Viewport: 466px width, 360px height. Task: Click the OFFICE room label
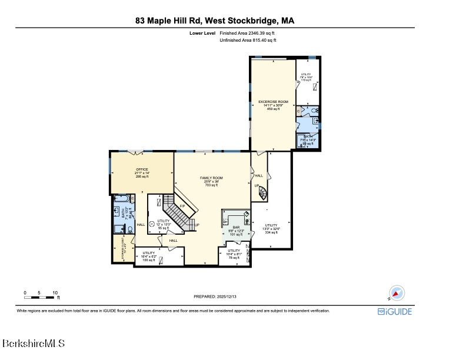point(142,172)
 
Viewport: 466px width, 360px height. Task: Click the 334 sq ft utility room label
point(271,228)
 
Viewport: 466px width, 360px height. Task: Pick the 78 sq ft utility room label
point(234,254)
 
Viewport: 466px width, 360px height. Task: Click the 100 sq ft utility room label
point(149,256)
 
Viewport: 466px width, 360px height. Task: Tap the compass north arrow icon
point(395,293)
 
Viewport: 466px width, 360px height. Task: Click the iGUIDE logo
point(395,311)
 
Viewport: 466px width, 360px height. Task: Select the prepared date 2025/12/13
point(215,296)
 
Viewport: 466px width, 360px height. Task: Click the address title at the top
point(214,21)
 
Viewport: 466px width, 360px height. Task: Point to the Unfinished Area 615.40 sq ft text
point(248,40)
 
